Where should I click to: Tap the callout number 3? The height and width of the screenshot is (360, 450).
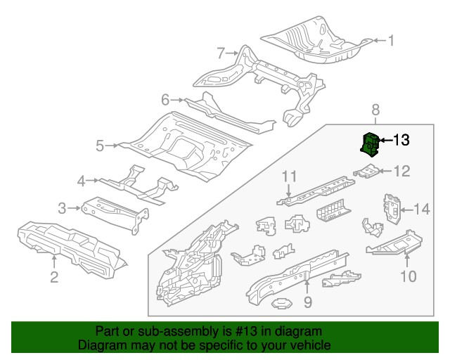tap(62, 207)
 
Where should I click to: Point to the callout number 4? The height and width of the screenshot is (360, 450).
tap(82, 181)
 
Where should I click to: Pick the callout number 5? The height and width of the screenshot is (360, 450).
tap(100, 146)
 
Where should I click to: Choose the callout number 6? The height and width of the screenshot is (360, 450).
tap(166, 100)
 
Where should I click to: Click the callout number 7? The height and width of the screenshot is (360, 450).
tap(220, 53)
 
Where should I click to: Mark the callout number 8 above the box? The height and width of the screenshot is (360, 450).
tap(375, 109)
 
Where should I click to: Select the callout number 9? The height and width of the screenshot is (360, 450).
tap(307, 302)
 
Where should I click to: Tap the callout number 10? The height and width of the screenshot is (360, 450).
tap(409, 276)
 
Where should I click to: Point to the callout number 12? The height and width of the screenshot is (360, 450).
tap(401, 170)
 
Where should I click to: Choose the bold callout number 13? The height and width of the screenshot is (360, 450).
tap(400, 140)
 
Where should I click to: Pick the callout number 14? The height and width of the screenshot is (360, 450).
tap(420, 208)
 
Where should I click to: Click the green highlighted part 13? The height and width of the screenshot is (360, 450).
tap(370, 143)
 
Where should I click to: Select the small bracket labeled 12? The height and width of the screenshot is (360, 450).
tap(366, 170)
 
